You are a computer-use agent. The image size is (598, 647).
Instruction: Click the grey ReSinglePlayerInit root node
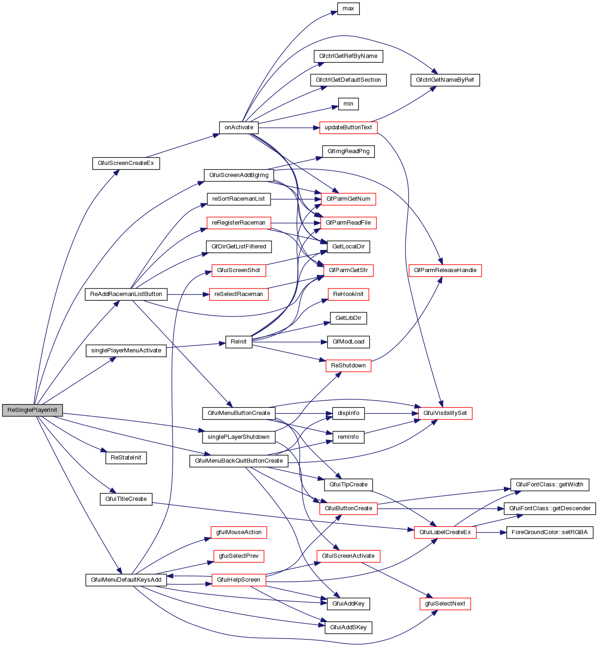(32, 410)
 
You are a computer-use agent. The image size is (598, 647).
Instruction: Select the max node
(348, 8)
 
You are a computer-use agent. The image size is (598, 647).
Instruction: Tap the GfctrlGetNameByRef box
(445, 80)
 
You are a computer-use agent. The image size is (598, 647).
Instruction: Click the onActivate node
(239, 127)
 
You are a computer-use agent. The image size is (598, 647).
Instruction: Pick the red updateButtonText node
(348, 127)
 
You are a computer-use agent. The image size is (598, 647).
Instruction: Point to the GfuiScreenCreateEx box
(126, 163)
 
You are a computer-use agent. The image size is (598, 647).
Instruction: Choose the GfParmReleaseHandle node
(445, 270)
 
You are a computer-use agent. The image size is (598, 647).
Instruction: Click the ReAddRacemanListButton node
(126, 294)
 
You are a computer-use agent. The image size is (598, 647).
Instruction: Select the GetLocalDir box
(348, 246)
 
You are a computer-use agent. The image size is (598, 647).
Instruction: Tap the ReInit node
(239, 342)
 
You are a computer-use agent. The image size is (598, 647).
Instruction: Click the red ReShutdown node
(348, 366)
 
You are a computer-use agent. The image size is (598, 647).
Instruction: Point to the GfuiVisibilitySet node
(445, 413)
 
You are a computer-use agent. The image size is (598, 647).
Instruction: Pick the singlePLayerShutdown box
(239, 437)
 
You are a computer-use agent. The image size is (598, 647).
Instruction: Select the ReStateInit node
(126, 458)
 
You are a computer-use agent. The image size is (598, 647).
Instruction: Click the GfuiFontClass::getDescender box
(550, 508)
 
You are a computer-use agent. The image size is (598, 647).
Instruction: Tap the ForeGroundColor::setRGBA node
(550, 532)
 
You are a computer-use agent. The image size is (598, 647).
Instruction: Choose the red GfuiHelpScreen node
(239, 580)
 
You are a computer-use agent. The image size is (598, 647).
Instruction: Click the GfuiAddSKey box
(348, 627)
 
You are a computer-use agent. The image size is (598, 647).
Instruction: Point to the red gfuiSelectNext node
(445, 604)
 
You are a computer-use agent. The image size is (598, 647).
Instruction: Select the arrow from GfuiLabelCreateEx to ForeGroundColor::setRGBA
(491, 532)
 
